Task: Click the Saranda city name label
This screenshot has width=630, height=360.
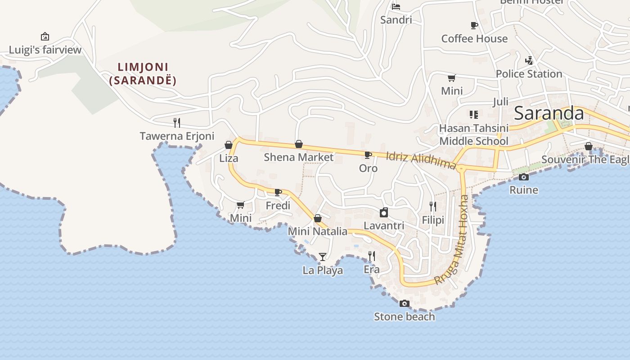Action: [549, 113]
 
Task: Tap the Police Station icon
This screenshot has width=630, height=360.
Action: [529, 61]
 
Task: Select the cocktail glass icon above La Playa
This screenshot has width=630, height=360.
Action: [323, 257]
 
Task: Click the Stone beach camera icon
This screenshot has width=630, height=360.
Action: [405, 304]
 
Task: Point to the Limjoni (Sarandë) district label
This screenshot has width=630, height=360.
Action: [143, 74]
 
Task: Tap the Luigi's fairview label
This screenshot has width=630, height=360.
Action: [45, 49]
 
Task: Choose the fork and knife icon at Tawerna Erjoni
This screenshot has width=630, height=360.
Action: [177, 122]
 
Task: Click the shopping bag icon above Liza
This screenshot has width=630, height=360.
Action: [229, 145]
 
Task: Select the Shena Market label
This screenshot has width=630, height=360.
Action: [299, 157]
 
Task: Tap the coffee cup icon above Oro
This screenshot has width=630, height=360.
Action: [368, 155]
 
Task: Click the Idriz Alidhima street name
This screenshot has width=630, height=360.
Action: [421, 160]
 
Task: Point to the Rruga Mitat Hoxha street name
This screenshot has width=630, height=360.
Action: [452, 241]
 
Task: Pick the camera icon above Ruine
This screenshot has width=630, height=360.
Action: [523, 177]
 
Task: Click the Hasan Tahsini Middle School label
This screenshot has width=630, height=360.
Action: [474, 135]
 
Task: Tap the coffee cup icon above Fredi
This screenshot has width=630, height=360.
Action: [278, 193]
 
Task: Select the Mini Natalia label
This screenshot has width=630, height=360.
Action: [318, 231]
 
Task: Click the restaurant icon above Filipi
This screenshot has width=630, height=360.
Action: [432, 207]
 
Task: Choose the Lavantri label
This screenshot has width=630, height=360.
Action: [384, 225]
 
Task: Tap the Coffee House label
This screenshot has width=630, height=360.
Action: [474, 39]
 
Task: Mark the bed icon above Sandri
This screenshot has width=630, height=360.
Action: [396, 7]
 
